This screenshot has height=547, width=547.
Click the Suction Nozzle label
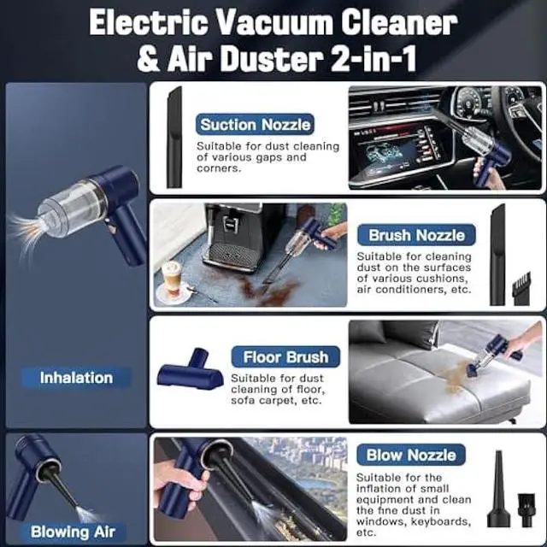[x=255, y=125]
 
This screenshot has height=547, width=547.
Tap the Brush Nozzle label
[x=416, y=235]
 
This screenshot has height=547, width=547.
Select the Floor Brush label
[x=285, y=357]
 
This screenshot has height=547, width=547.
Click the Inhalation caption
[x=76, y=377]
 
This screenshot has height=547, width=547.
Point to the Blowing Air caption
[x=73, y=531]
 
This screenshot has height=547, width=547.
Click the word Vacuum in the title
[x=289, y=22]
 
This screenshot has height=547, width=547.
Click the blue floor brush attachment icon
[x=191, y=373]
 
